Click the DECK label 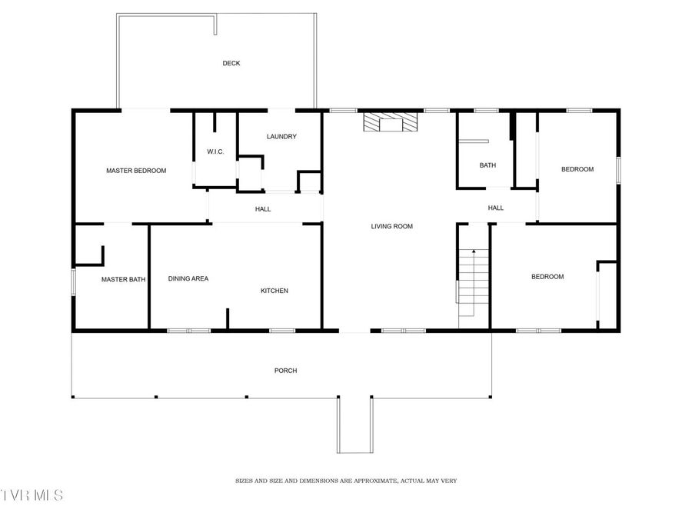tap(231, 63)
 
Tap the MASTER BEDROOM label tap(136, 171)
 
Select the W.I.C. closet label tap(215, 151)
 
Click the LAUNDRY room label tap(281, 137)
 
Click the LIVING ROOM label tap(392, 226)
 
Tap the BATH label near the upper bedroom tap(487, 165)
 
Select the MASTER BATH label tap(124, 280)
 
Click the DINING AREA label tap(188, 278)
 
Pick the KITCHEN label tap(274, 291)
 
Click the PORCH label tap(285, 371)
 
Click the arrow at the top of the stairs tap(474, 252)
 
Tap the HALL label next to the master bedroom tap(263, 209)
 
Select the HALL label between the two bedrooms tap(496, 208)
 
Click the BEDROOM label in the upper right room tap(577, 169)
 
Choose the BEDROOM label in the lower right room tap(547, 277)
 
